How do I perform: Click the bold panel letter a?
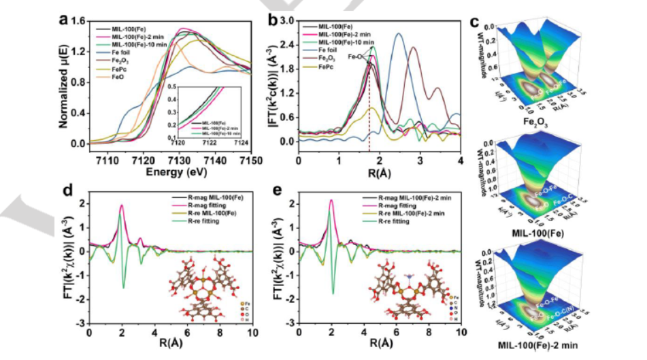[63, 20]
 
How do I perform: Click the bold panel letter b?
[273, 20]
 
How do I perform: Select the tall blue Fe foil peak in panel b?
[399, 34]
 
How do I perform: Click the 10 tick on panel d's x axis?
[252, 333]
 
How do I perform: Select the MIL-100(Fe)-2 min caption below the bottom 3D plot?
[552, 352]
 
